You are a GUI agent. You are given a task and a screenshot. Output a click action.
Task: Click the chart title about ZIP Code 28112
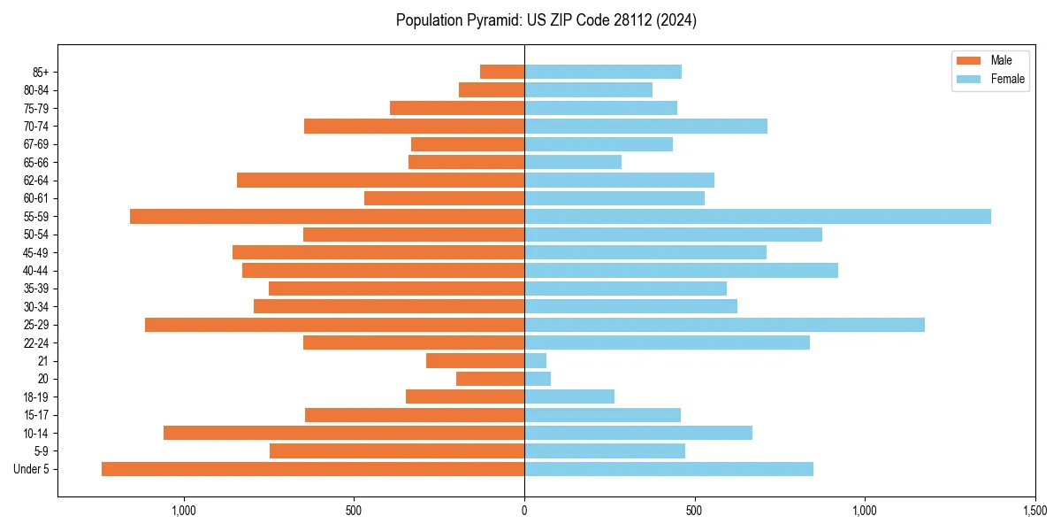pos(546,20)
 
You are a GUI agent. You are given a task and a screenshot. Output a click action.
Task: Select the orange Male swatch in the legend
pos(969,60)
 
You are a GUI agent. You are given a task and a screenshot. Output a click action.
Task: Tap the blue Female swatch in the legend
pos(969,79)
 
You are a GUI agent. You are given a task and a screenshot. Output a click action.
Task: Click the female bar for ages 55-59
pos(757,217)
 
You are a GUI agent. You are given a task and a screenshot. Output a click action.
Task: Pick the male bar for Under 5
pos(313,469)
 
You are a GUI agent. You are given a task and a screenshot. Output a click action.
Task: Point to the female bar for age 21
pos(535,361)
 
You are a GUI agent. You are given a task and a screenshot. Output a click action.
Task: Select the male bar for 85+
pos(502,72)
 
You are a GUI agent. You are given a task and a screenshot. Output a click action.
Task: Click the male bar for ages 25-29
pos(334,325)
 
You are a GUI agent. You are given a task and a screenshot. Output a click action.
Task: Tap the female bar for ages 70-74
pos(645,127)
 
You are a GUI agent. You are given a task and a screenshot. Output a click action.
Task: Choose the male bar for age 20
pos(490,379)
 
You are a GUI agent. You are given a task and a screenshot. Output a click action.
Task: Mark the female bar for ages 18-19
pos(569,396)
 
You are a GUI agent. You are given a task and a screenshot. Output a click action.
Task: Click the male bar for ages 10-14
pos(344,433)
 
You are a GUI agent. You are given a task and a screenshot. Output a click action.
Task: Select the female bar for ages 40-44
pos(681,271)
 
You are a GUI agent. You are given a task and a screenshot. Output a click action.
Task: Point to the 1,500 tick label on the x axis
pos(1034,511)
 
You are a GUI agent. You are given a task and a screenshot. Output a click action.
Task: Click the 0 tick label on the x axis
pos(524,511)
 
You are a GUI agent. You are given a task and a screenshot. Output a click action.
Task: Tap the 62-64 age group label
pos(36,181)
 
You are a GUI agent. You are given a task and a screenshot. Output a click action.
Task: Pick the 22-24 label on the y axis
pos(36,342)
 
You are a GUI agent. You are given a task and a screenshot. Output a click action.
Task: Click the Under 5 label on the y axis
pos(32,469)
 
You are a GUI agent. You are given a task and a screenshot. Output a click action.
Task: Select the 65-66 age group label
pos(36,163)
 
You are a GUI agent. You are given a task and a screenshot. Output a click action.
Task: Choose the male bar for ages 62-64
pos(380,181)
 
